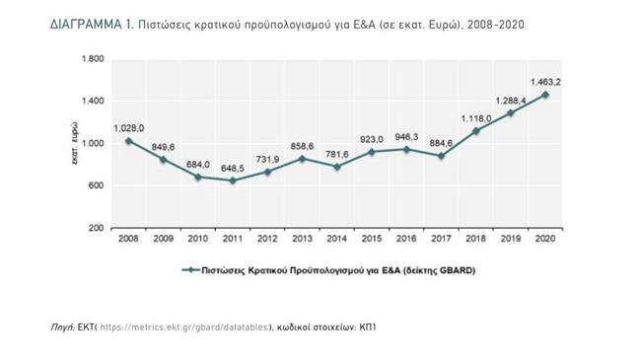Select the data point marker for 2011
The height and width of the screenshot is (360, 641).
click(x=233, y=180)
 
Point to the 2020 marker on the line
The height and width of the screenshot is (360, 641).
click(x=545, y=95)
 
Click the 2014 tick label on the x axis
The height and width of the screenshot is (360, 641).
click(x=337, y=238)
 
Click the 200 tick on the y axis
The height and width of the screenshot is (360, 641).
click(x=96, y=228)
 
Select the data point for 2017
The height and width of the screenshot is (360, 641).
click(x=442, y=156)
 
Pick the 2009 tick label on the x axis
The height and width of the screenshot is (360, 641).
click(x=164, y=238)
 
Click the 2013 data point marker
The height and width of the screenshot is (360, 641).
click(x=303, y=159)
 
